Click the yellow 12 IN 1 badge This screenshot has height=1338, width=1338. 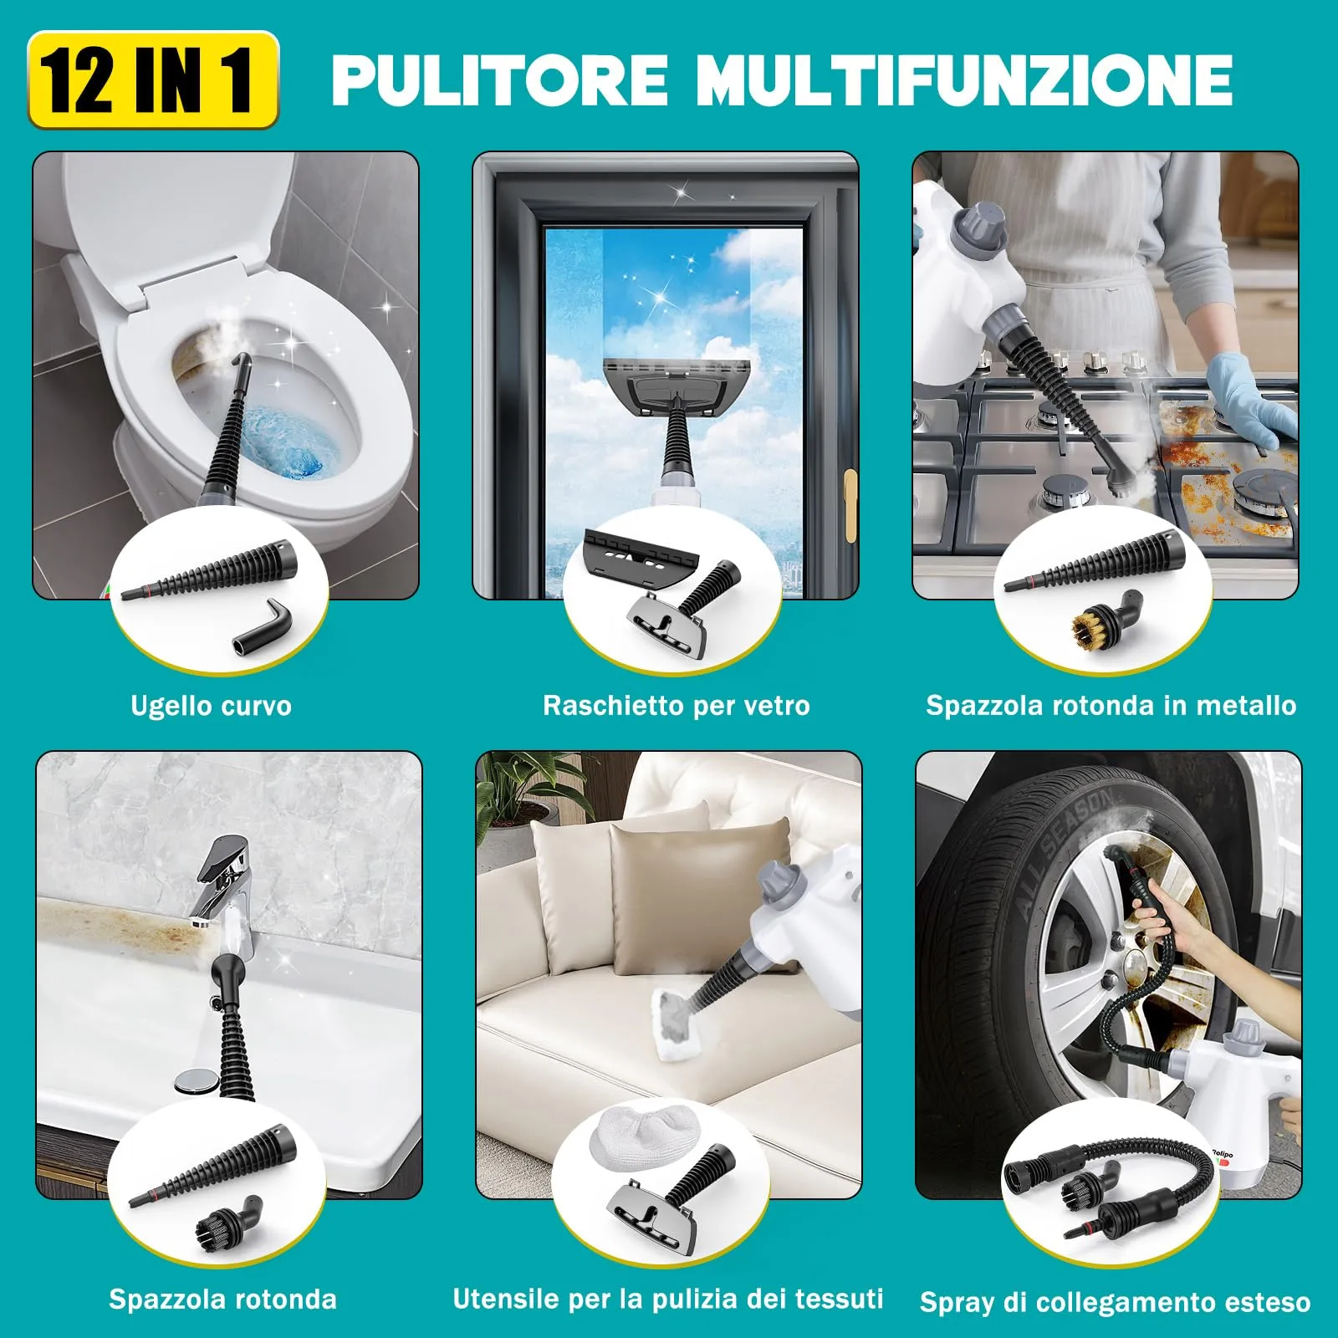click(x=153, y=80)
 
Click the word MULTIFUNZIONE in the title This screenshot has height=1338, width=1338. click(x=963, y=80)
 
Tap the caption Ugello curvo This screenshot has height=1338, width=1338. click(x=211, y=706)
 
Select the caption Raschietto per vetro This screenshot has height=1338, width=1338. click(x=676, y=706)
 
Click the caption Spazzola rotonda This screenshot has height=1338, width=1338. click(x=222, y=1299)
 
